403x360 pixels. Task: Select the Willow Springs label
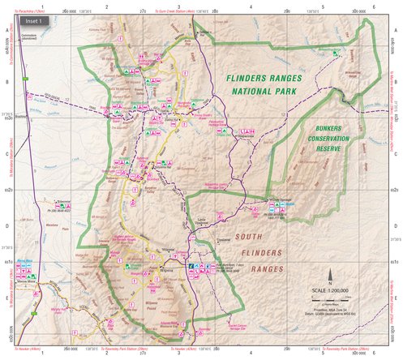click(x=265, y=203)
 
